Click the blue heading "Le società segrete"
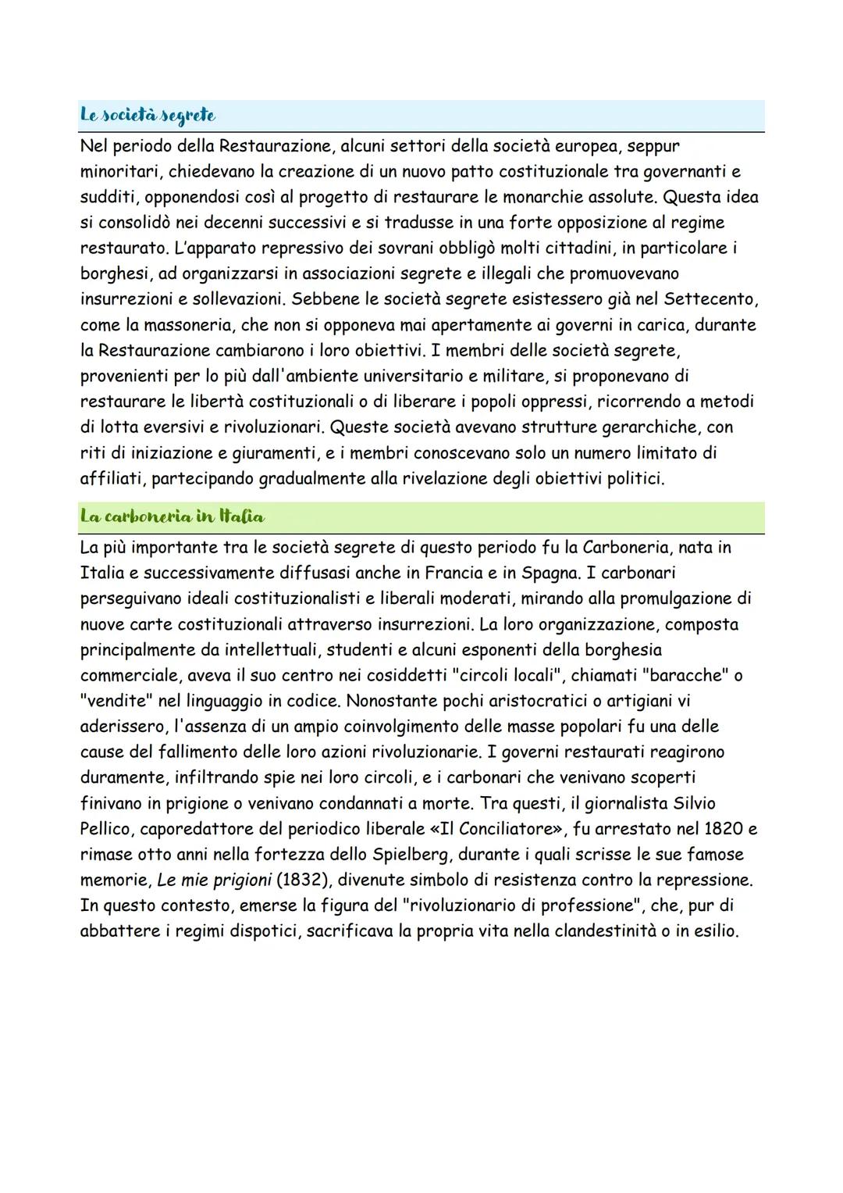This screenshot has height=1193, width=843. (x=148, y=115)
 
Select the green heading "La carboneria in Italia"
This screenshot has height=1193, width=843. (x=172, y=516)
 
